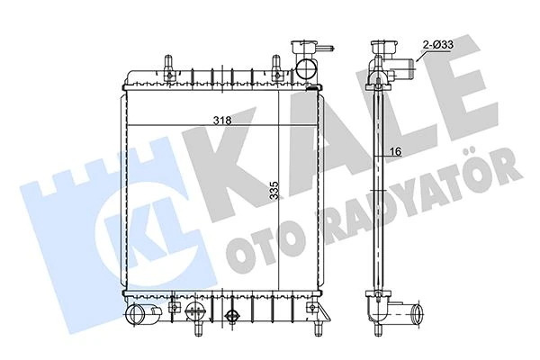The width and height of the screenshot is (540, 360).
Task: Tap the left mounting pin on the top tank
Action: tap(167, 64)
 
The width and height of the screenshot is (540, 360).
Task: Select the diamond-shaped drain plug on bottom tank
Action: tap(233, 317)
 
